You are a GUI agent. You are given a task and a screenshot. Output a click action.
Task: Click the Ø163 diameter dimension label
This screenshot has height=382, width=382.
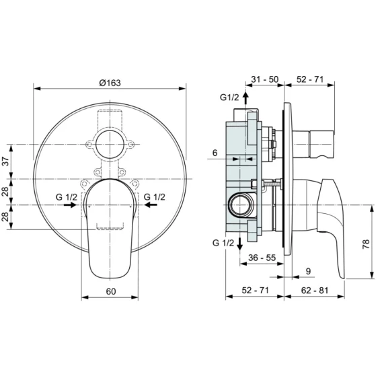point(110,83)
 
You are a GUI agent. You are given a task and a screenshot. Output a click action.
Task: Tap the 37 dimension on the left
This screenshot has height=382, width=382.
point(6,161)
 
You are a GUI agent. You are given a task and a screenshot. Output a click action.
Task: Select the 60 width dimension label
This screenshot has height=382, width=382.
point(111,291)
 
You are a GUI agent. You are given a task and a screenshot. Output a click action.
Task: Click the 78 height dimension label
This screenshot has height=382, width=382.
point(366,244)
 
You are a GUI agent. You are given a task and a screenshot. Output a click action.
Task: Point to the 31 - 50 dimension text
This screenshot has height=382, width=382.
point(264,79)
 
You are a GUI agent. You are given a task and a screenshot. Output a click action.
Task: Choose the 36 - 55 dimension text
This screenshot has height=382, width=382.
point(262,258)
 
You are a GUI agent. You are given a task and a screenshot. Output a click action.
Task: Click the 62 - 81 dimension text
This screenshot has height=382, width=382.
point(315,290)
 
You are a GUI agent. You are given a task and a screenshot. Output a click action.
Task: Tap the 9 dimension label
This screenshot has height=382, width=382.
point(308,271)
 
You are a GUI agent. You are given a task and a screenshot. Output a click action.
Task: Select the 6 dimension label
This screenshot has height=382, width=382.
point(215,153)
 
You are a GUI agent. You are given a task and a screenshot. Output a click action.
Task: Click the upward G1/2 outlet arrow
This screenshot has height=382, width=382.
point(245,98)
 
